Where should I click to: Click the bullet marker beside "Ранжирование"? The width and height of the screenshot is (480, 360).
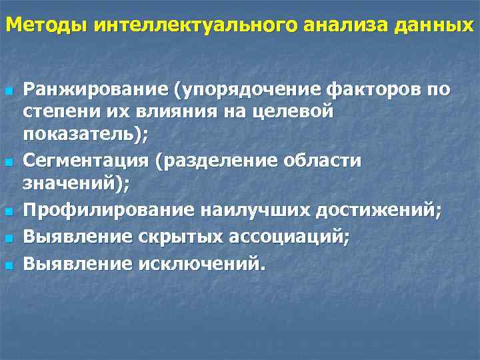click(9, 91)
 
